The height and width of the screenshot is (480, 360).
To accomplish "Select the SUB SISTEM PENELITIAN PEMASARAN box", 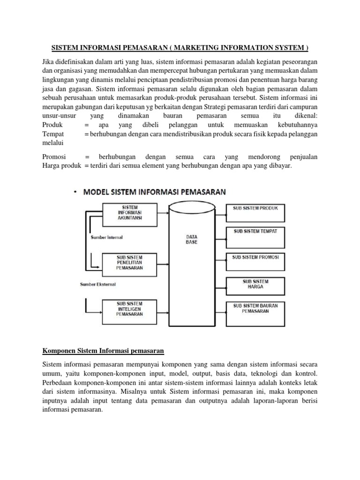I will point(129,263).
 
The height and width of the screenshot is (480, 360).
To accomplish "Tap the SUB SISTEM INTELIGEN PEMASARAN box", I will point(129,309).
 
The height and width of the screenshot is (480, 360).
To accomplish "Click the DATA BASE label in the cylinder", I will point(192,240).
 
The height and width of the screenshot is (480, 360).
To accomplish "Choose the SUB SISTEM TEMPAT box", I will point(255,237).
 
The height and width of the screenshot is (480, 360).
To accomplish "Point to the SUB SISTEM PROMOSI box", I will point(255,262).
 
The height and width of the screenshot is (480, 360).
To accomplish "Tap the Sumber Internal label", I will point(107,237).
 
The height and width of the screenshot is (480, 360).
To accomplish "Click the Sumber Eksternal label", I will point(98,284).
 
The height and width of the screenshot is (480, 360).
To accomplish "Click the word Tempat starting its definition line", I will point(53,134).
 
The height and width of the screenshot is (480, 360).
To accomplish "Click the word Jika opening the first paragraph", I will point(49,62).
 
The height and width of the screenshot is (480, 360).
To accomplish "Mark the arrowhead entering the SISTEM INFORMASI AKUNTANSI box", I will point(100,208).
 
